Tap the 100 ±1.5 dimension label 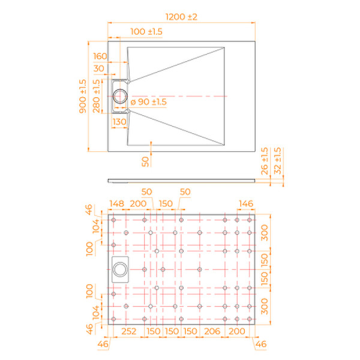coord(146,31)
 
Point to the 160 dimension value coord(100,56)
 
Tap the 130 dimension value coord(119,122)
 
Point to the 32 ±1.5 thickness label coord(277,161)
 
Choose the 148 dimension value coord(118,204)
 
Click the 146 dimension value coord(247,204)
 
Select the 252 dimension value coord(127,332)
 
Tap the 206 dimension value coord(211,332)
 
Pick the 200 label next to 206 coord(237,332)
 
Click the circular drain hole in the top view coord(121,95)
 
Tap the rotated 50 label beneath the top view coord(145,160)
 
